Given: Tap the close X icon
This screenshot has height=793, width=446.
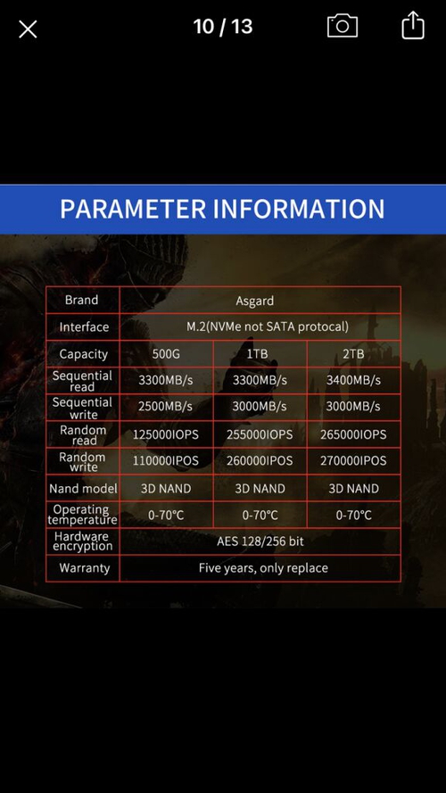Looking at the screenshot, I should click(x=28, y=29).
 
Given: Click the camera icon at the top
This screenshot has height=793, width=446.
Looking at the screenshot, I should click(x=342, y=26).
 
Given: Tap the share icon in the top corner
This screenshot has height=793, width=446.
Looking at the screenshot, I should click(x=412, y=26).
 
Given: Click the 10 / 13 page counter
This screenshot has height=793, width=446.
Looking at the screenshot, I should click(x=222, y=27).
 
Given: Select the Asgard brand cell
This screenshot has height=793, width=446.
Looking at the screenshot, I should click(x=255, y=301).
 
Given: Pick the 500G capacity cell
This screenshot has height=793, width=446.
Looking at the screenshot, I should click(x=166, y=353).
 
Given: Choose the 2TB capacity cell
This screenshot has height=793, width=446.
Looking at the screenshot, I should click(x=353, y=353).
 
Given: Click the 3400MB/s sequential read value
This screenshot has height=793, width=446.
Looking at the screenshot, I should click(x=353, y=380).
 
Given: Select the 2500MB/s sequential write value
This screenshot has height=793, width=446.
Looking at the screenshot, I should click(x=166, y=407).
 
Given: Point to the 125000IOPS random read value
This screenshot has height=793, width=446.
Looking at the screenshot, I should click(x=166, y=434).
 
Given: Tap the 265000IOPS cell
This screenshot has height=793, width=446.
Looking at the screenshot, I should click(x=353, y=434).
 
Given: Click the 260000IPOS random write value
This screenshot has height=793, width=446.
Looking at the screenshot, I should click(x=260, y=461).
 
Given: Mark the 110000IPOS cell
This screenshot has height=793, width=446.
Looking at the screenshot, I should click(x=166, y=461).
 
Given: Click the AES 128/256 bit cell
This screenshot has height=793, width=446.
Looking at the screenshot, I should click(x=260, y=541).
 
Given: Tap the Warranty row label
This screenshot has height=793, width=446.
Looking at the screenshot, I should click(x=84, y=568).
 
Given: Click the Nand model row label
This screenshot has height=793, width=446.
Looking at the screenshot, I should click(x=83, y=488).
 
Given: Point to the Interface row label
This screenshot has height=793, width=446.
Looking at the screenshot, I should click(x=84, y=326).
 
